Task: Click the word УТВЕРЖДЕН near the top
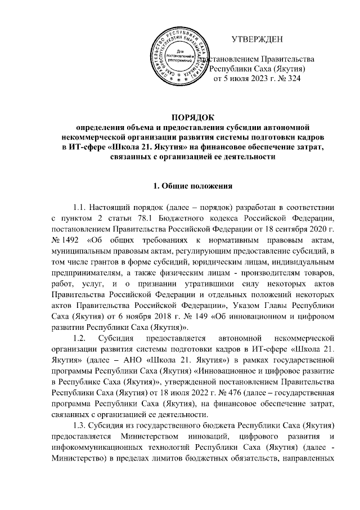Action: [x=260, y=40]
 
